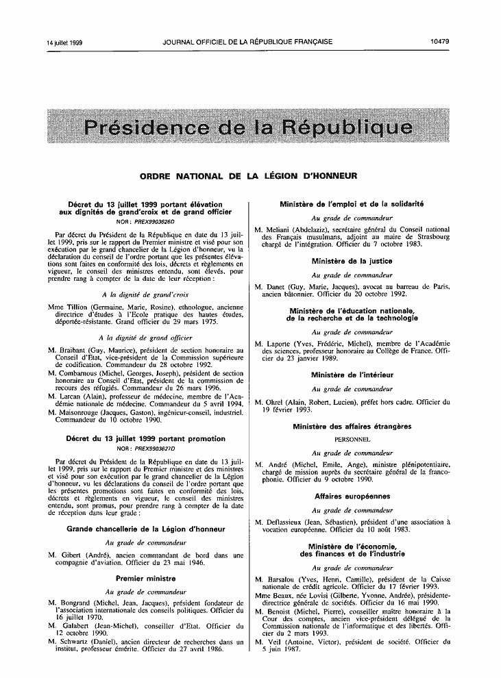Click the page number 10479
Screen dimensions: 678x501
pyautogui.click(x=439, y=42)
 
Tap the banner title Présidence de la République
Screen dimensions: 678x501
pyautogui.click(x=247, y=127)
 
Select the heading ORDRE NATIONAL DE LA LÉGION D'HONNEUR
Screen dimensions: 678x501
pyautogui.click(x=248, y=176)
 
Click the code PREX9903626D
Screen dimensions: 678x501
pyautogui.click(x=154, y=223)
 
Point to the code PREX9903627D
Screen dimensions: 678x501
pyautogui.click(x=154, y=447)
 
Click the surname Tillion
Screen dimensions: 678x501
pyautogui.click(x=82, y=309)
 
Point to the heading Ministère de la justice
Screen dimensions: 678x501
pyautogui.click(x=352, y=261)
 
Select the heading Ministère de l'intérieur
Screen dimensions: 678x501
pyautogui.click(x=352, y=375)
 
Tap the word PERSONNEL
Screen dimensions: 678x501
pyautogui.click(x=352, y=439)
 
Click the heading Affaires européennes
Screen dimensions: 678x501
pyautogui.click(x=352, y=496)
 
